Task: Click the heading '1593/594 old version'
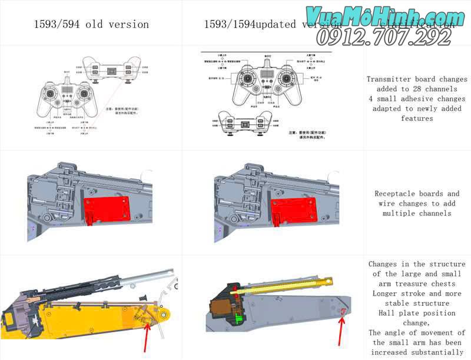point(91,24)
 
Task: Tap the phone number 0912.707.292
point(384,37)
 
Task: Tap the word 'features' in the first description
point(417,118)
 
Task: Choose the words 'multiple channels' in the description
point(417,213)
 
